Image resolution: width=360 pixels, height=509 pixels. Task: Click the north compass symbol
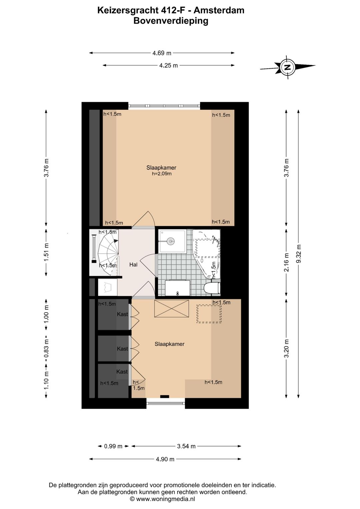click(x=287, y=67)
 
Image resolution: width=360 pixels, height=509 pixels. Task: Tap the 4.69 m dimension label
click(x=162, y=53)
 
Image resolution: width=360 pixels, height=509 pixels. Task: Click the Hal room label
click(x=133, y=265)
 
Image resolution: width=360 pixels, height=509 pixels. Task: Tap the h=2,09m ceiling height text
click(x=161, y=173)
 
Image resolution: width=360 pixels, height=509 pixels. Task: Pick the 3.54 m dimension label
click(x=186, y=446)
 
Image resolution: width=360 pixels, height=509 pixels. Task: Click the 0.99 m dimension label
click(x=113, y=446)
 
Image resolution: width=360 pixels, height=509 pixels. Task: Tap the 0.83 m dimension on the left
click(x=46, y=348)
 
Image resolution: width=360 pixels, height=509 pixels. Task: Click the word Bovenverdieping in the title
click(x=171, y=21)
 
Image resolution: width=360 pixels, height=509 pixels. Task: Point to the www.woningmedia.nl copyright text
click(x=162, y=499)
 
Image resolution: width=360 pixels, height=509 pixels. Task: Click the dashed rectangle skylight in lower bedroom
click(x=209, y=314)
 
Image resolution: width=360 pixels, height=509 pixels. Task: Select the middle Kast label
click(x=122, y=349)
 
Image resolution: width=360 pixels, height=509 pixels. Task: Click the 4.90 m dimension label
click(x=165, y=459)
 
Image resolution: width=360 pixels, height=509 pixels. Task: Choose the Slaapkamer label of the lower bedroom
click(x=169, y=344)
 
